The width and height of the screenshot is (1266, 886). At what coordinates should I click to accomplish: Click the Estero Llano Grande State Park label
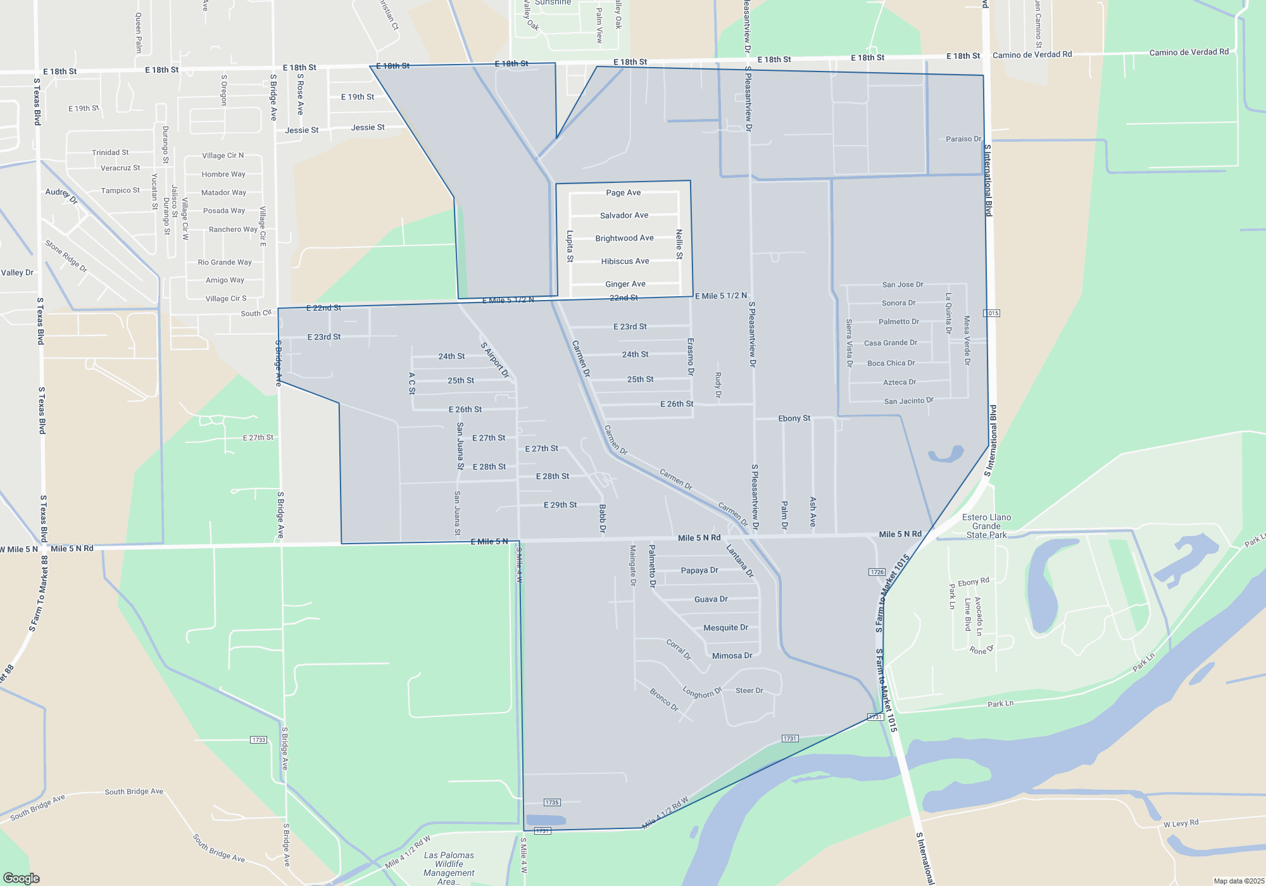pyautogui.click(x=986, y=526)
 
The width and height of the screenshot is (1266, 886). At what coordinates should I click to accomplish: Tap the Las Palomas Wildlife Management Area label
pyautogui.click(x=449, y=868)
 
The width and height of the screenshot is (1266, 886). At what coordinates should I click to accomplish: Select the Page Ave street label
pyautogui.click(x=624, y=192)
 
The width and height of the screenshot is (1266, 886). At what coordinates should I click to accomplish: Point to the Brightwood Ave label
pyautogui.click(x=624, y=238)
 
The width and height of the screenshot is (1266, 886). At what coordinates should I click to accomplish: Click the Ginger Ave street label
pyautogui.click(x=625, y=284)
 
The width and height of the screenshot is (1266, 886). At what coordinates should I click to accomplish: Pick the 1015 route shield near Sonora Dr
pyautogui.click(x=991, y=313)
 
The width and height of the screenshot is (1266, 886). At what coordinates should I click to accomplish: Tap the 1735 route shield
pyautogui.click(x=551, y=802)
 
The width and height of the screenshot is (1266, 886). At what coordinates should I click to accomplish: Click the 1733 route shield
pyautogui.click(x=258, y=740)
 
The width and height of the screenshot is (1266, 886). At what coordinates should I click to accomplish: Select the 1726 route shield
pyautogui.click(x=877, y=572)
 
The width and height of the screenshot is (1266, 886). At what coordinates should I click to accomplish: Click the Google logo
pyautogui.click(x=22, y=878)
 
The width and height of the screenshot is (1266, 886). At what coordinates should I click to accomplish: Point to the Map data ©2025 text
pyautogui.click(x=1239, y=881)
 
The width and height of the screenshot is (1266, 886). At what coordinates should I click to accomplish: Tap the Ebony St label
pyautogui.click(x=794, y=418)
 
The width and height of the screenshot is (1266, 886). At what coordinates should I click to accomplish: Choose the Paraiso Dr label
pyautogui.click(x=963, y=139)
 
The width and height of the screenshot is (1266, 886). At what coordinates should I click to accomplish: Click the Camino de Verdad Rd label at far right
pyautogui.click(x=1189, y=52)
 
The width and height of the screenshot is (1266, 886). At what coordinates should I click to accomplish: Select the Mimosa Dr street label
pyautogui.click(x=732, y=656)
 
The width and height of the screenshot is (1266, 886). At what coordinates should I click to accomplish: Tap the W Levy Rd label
pyautogui.click(x=1181, y=823)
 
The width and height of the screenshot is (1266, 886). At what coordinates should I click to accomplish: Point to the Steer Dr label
pyautogui.click(x=749, y=690)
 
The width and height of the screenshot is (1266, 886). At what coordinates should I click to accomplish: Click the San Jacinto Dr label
pyautogui.click(x=908, y=401)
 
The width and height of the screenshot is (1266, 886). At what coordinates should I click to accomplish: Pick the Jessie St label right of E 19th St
pyautogui.click(x=368, y=127)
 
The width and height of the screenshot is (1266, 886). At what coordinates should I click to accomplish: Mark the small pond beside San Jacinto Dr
pyautogui.click(x=946, y=454)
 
